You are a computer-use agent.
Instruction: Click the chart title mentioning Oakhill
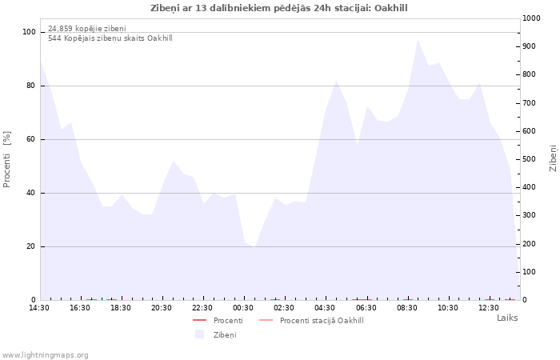[x=278, y=8]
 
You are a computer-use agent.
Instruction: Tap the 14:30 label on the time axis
[x=39, y=308]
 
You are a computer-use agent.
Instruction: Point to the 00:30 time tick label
[x=243, y=308]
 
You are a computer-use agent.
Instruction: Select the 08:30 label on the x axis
[x=406, y=308]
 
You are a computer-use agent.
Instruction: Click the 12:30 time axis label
[x=489, y=308]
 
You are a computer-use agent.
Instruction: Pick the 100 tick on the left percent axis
[x=30, y=32]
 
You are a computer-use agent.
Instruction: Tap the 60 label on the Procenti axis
[x=31, y=139]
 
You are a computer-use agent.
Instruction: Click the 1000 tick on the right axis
[x=531, y=18]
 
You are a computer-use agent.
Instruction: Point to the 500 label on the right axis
[x=530, y=159]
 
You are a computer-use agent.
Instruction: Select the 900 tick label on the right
[x=530, y=46]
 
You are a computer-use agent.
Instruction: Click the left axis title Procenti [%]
[x=6, y=159]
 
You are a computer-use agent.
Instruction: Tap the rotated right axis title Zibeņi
[x=553, y=158]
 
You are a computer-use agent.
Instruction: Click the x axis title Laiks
[x=507, y=318]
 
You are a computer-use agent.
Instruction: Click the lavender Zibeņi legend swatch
[x=199, y=334]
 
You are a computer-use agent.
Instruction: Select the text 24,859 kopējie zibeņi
[x=87, y=29]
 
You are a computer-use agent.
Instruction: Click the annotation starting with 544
[x=110, y=38]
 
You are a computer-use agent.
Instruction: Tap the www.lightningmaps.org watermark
[x=44, y=355]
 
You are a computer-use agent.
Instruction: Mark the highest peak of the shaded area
[x=418, y=40]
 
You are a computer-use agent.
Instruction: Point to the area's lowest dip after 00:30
[x=254, y=247]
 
